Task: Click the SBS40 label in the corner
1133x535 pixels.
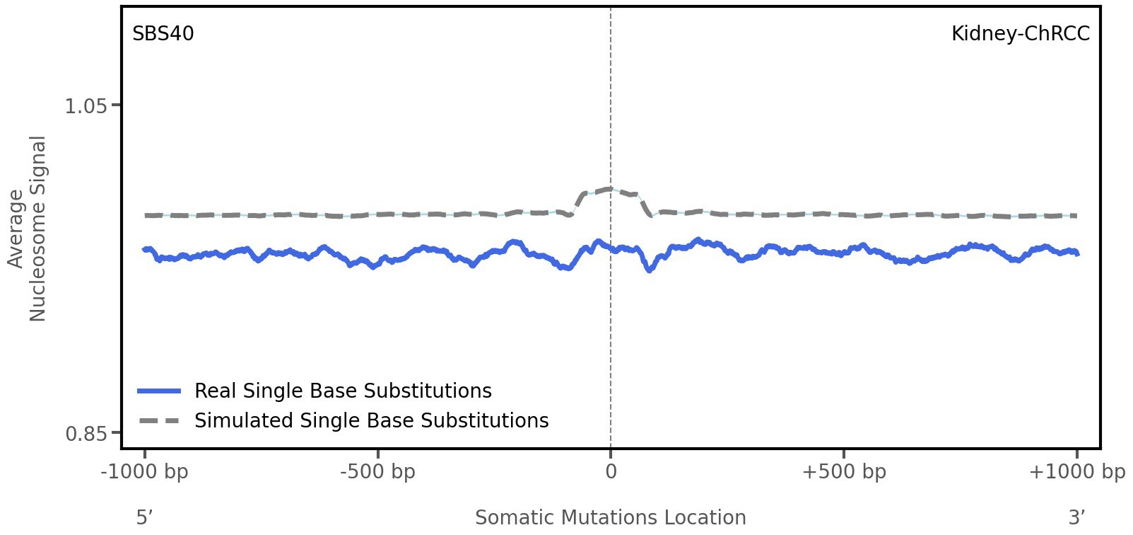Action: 163,34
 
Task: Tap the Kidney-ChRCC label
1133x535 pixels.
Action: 1020,34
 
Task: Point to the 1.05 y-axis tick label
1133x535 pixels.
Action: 86,106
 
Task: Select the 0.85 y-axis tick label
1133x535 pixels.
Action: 86,433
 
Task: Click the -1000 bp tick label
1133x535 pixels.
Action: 145,472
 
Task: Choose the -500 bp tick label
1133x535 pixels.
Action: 377,472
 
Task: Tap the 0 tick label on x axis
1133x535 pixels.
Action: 611,472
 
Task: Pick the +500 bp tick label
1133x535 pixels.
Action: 844,472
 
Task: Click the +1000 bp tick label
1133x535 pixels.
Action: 1076,472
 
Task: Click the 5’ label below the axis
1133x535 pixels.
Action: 144,518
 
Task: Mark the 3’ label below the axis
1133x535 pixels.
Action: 1076,518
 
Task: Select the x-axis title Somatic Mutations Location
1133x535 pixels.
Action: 611,518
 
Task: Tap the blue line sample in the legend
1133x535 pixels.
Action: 160,391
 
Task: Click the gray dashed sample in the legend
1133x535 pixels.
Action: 160,421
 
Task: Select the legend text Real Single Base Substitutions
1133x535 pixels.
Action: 343,391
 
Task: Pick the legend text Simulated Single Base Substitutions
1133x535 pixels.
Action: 371,421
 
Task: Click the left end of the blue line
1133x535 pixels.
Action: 144,249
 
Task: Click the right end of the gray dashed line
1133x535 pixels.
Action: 1076,216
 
